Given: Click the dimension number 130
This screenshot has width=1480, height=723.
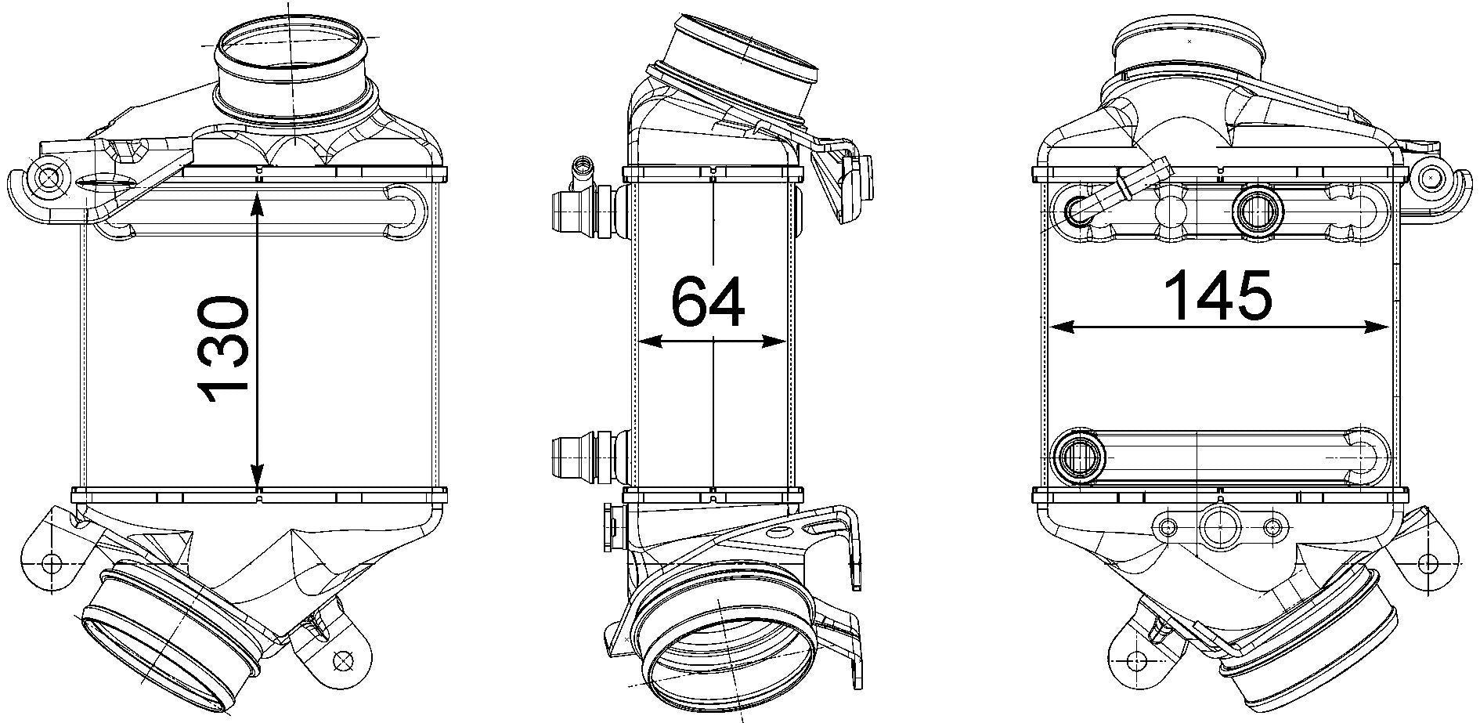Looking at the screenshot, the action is [224, 349].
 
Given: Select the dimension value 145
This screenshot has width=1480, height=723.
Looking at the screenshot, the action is [1218, 295].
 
